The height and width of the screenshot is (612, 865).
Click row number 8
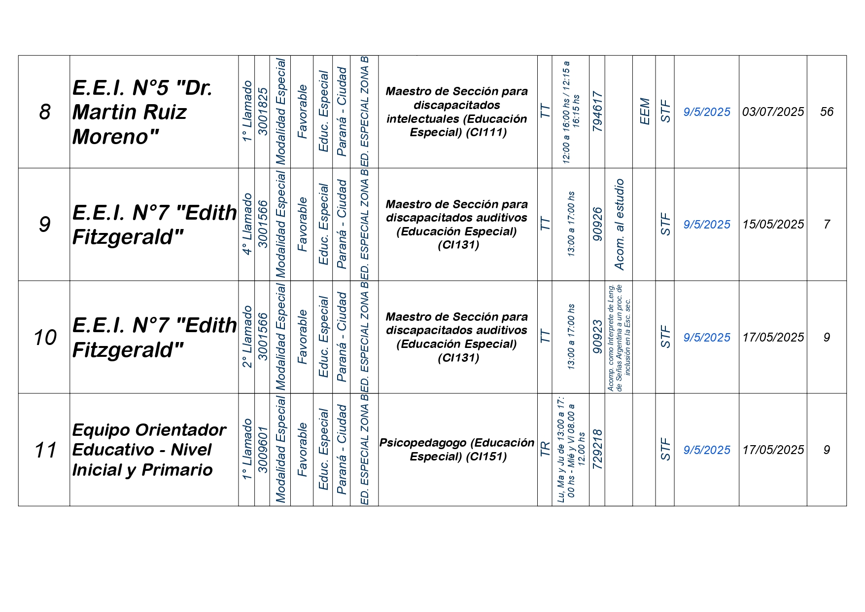click(44, 112)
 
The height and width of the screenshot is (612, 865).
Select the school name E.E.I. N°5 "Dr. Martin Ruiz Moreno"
click(142, 112)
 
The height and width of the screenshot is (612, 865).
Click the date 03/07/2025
click(773, 112)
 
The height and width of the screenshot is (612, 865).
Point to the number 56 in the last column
click(827, 112)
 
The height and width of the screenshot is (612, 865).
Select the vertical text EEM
click(644, 112)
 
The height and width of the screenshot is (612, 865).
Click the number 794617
click(597, 112)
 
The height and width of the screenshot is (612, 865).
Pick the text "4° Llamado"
click(247, 224)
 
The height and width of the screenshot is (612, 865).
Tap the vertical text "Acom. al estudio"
click(619, 225)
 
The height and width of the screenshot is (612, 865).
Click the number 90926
click(597, 225)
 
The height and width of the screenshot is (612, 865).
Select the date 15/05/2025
click(773, 225)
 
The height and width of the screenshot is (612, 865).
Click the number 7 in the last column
click(827, 225)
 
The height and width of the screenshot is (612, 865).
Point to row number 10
click(44, 338)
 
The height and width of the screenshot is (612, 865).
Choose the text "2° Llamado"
click(247, 337)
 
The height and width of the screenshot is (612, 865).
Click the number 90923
click(597, 337)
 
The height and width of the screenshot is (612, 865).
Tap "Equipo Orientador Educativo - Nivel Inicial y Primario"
click(149, 450)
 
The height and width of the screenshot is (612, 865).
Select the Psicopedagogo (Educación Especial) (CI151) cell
click(457, 450)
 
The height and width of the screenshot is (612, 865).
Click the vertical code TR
click(545, 450)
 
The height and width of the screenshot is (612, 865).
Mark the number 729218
click(597, 450)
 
